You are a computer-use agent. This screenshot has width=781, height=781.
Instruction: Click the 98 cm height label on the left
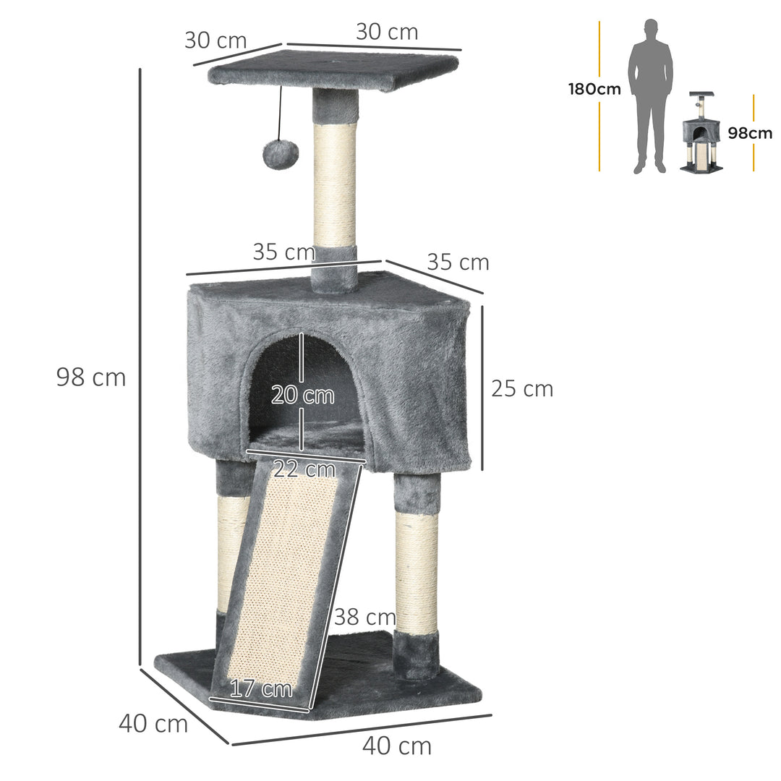[90, 377]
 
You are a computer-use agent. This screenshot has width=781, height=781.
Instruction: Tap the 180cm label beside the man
[594, 90]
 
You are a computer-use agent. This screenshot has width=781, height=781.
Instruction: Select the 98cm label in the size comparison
[749, 133]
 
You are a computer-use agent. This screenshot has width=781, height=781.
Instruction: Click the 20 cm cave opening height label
[302, 396]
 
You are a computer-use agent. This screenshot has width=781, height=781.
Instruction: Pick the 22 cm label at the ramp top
[304, 469]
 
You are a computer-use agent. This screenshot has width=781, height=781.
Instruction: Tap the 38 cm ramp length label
[364, 617]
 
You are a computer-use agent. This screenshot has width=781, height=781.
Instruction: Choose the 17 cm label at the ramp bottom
[261, 688]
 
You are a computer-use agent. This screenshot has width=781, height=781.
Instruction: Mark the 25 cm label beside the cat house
[521, 388]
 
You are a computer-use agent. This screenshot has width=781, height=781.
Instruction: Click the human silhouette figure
[649, 94]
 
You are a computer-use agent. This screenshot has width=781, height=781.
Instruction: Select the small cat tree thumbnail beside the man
[700, 134]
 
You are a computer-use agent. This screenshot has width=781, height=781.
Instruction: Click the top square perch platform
[333, 71]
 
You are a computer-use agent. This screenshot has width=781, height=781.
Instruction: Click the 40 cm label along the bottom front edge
[396, 746]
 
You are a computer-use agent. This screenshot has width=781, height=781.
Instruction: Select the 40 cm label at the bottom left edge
[153, 722]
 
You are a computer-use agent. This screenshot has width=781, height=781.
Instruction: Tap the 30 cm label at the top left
[215, 40]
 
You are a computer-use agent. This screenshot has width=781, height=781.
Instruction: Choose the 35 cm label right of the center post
[457, 262]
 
